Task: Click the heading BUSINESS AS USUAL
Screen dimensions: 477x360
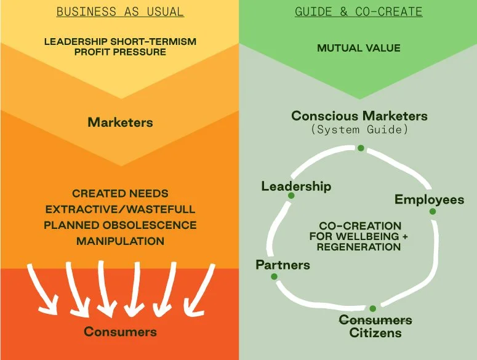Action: [119, 12]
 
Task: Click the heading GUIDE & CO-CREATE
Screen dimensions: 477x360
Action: [359, 12]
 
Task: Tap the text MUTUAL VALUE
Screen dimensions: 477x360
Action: [358, 47]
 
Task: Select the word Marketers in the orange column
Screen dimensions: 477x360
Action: [120, 122]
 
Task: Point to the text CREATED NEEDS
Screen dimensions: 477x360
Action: [120, 193]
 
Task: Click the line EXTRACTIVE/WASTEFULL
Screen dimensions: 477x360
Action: [120, 209]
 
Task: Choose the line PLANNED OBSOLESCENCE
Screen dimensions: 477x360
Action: [120, 225]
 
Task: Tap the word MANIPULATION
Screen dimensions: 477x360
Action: [120, 241]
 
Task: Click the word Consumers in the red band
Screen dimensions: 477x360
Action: [120, 332]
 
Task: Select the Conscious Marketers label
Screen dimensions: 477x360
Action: [359, 116]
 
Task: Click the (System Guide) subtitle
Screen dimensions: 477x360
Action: [359, 130]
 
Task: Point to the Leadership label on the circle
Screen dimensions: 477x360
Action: [296, 186]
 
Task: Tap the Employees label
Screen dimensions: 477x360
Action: [429, 199]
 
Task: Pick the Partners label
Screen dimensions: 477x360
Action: [283, 265]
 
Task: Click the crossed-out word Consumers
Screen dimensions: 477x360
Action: [375, 320]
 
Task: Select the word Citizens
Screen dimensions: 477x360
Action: [375, 334]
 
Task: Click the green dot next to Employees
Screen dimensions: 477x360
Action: [433, 212]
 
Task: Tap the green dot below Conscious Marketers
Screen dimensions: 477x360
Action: [361, 148]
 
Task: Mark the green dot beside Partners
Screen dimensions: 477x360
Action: [274, 277]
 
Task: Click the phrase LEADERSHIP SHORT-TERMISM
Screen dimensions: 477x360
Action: [120, 42]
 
